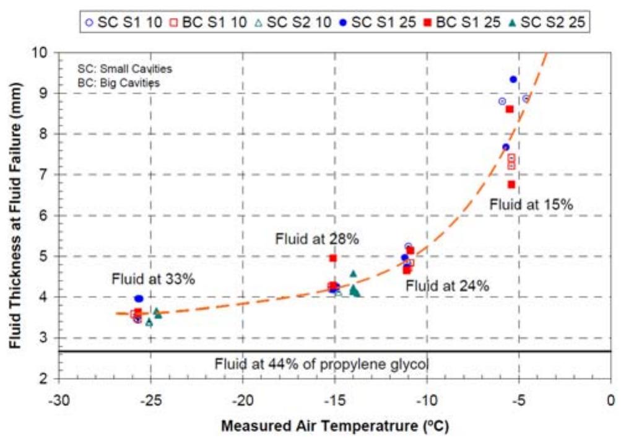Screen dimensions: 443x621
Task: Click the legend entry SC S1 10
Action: pyautogui.click(x=121, y=23)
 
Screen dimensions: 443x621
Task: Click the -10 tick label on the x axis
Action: pyautogui.click(x=427, y=396)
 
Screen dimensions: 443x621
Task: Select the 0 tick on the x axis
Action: pyautogui.click(x=610, y=396)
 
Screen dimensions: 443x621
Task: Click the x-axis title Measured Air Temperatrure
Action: pyautogui.click(x=335, y=426)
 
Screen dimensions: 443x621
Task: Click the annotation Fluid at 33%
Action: pyautogui.click(x=154, y=279)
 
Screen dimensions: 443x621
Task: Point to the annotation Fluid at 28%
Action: pyautogui.click(x=318, y=239)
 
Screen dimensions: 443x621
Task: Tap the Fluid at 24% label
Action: pyautogui.click(x=448, y=286)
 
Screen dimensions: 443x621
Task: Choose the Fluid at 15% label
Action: pyautogui.click(x=531, y=204)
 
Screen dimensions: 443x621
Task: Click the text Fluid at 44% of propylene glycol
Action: pyautogui.click(x=321, y=364)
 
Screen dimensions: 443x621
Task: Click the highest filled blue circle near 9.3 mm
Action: pyautogui.click(x=513, y=79)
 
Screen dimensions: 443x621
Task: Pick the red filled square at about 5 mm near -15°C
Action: pyautogui.click(x=332, y=258)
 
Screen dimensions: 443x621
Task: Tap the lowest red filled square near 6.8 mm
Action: pyautogui.click(x=511, y=185)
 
